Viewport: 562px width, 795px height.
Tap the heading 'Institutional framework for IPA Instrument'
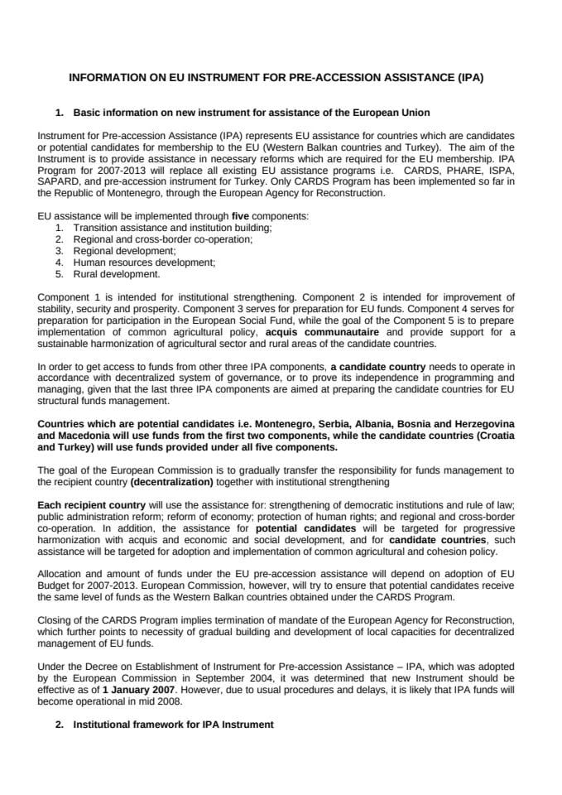(173, 724)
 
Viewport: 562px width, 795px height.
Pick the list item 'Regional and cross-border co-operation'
(163, 238)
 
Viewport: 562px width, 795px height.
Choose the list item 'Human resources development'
(144, 262)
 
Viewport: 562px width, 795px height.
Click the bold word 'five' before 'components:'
(241, 215)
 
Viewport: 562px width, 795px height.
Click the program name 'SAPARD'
(60, 181)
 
